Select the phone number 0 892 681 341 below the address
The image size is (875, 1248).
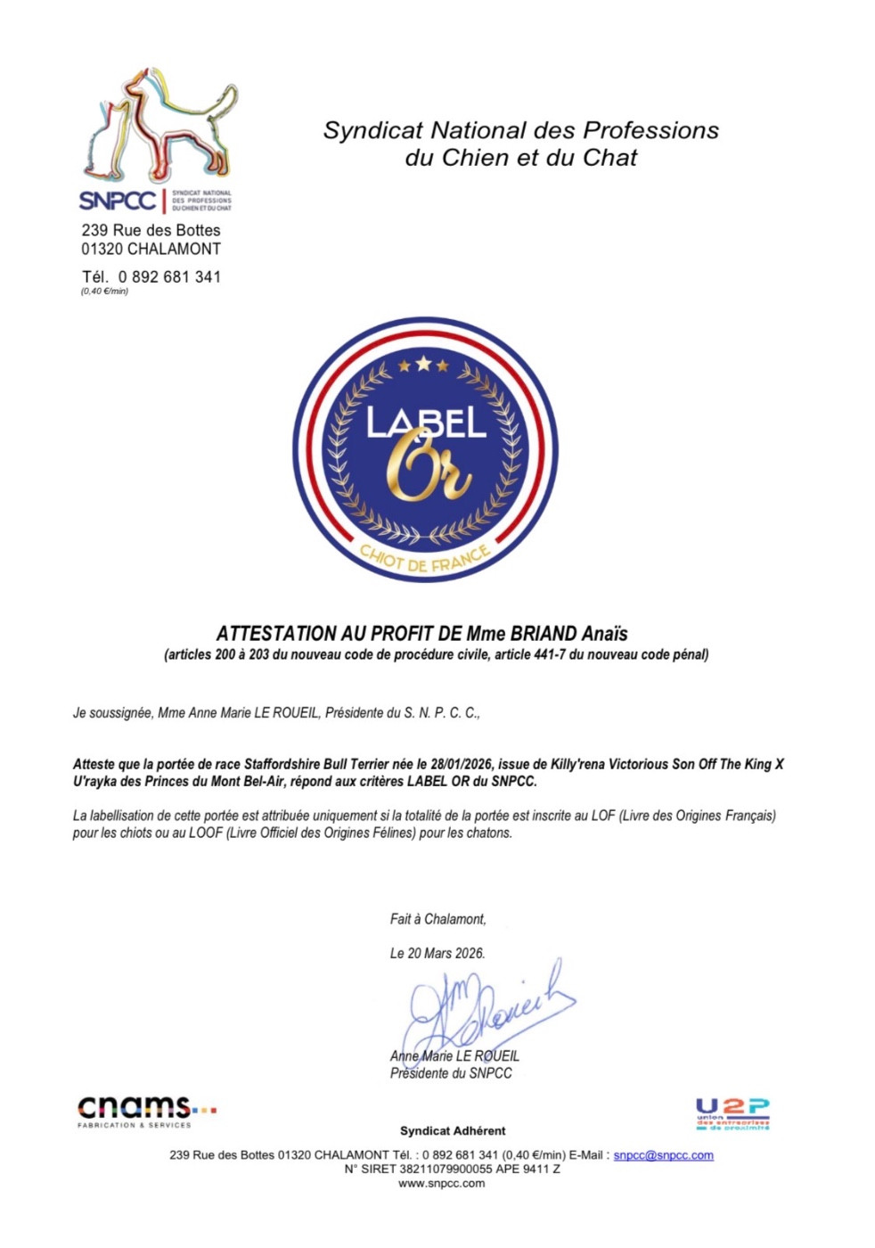coord(169,277)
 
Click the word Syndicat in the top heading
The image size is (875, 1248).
coord(373,131)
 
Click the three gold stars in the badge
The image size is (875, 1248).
coord(423,365)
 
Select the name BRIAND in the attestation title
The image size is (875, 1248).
coord(544,634)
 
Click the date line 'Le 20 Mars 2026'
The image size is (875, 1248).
coord(437,953)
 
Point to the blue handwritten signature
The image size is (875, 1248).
coord(486,1012)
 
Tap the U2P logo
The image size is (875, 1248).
coord(732,1114)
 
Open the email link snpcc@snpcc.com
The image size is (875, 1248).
coord(663,1155)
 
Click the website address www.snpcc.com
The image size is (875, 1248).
coord(442,1184)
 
